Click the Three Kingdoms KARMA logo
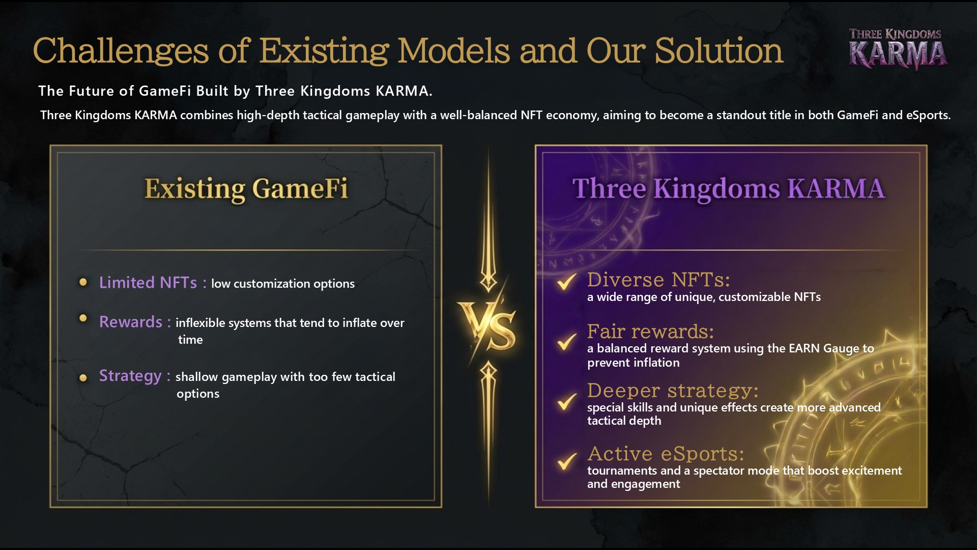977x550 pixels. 898,49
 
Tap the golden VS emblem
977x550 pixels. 487,326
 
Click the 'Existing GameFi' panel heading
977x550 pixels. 246,189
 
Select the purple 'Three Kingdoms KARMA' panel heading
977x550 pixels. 729,189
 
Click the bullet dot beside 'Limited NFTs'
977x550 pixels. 83,282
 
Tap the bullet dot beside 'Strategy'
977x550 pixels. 83,378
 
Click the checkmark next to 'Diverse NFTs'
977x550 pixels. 566,281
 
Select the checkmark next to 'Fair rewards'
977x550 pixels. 566,341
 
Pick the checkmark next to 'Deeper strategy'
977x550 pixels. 566,401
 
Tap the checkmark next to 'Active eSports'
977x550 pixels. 566,461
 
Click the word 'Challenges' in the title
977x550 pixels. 121,51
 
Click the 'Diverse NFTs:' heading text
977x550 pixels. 658,280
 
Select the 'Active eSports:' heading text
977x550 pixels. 666,453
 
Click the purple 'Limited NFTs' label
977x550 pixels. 148,283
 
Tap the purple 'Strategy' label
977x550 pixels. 130,376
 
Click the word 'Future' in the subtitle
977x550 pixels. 92,91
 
